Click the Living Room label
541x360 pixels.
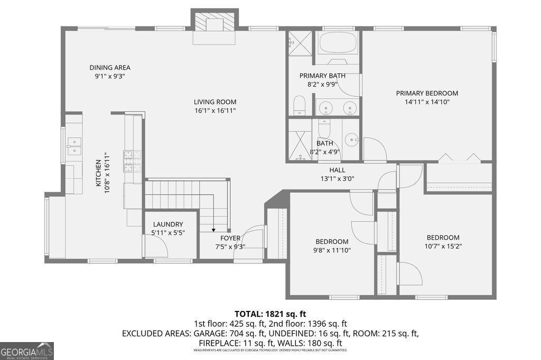[214, 102]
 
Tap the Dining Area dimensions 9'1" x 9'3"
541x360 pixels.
[110, 76]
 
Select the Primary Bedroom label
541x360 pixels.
[427, 93]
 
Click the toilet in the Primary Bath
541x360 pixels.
[299, 105]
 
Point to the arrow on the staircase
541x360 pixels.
[213, 229]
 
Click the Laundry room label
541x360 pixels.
[167, 224]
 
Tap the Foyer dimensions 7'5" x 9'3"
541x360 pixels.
[230, 246]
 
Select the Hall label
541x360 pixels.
[337, 170]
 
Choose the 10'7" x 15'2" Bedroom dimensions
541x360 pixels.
[443, 245]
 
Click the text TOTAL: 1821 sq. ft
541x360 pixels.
[270, 314]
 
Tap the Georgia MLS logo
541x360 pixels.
[27, 351]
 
